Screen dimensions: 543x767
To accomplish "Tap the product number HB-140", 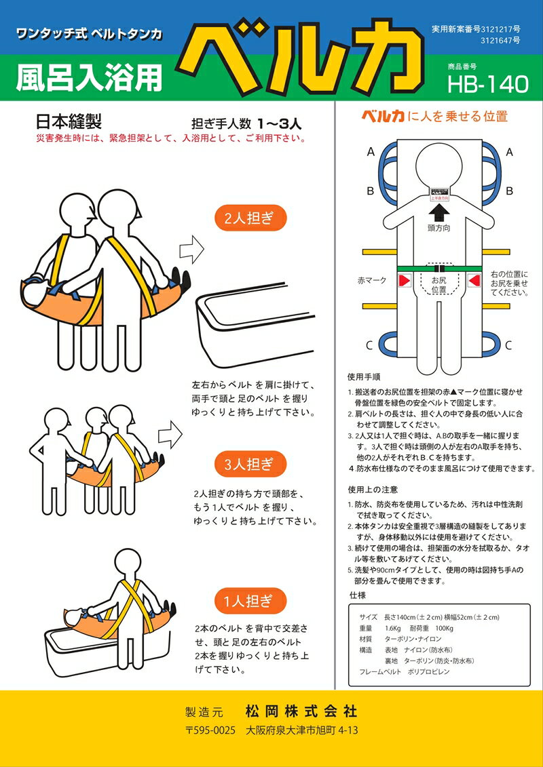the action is pyautogui.click(x=487, y=84).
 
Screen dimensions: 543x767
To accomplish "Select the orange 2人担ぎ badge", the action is pyautogui.click(x=251, y=219).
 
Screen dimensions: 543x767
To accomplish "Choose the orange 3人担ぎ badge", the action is pyautogui.click(x=250, y=465).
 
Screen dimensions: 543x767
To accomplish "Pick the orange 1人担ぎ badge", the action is pyautogui.click(x=250, y=600).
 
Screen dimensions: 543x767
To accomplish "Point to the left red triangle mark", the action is pyautogui.click(x=404, y=280).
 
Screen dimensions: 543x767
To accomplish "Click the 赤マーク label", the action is pyautogui.click(x=373, y=280).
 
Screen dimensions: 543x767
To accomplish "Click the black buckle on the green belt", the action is pyautogui.click(x=441, y=269).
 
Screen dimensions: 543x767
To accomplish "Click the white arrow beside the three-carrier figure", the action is pyautogui.click(x=170, y=432).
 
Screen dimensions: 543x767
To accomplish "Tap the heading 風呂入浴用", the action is pyautogui.click(x=88, y=79).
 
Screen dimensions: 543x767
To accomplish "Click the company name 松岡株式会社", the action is pyautogui.click(x=301, y=710).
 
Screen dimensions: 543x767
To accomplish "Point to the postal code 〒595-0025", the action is pyautogui.click(x=211, y=731).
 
